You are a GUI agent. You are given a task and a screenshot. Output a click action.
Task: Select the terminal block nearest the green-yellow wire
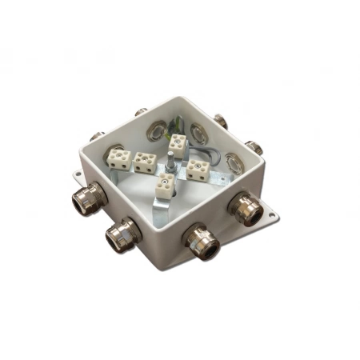(x=177, y=145)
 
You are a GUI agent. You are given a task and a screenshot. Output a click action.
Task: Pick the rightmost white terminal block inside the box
(x=197, y=169)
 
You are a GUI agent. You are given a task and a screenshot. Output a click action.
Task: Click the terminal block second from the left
(x=144, y=162)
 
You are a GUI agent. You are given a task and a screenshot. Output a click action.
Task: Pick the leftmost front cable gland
(x=84, y=199)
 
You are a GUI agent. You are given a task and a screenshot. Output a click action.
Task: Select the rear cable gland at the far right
(x=254, y=147)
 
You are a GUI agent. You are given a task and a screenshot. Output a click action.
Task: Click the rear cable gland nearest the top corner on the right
(x=219, y=121)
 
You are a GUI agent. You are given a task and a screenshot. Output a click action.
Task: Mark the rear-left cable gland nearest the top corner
(x=141, y=112)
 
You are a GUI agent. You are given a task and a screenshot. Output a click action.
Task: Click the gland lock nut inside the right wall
(x=233, y=160)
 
